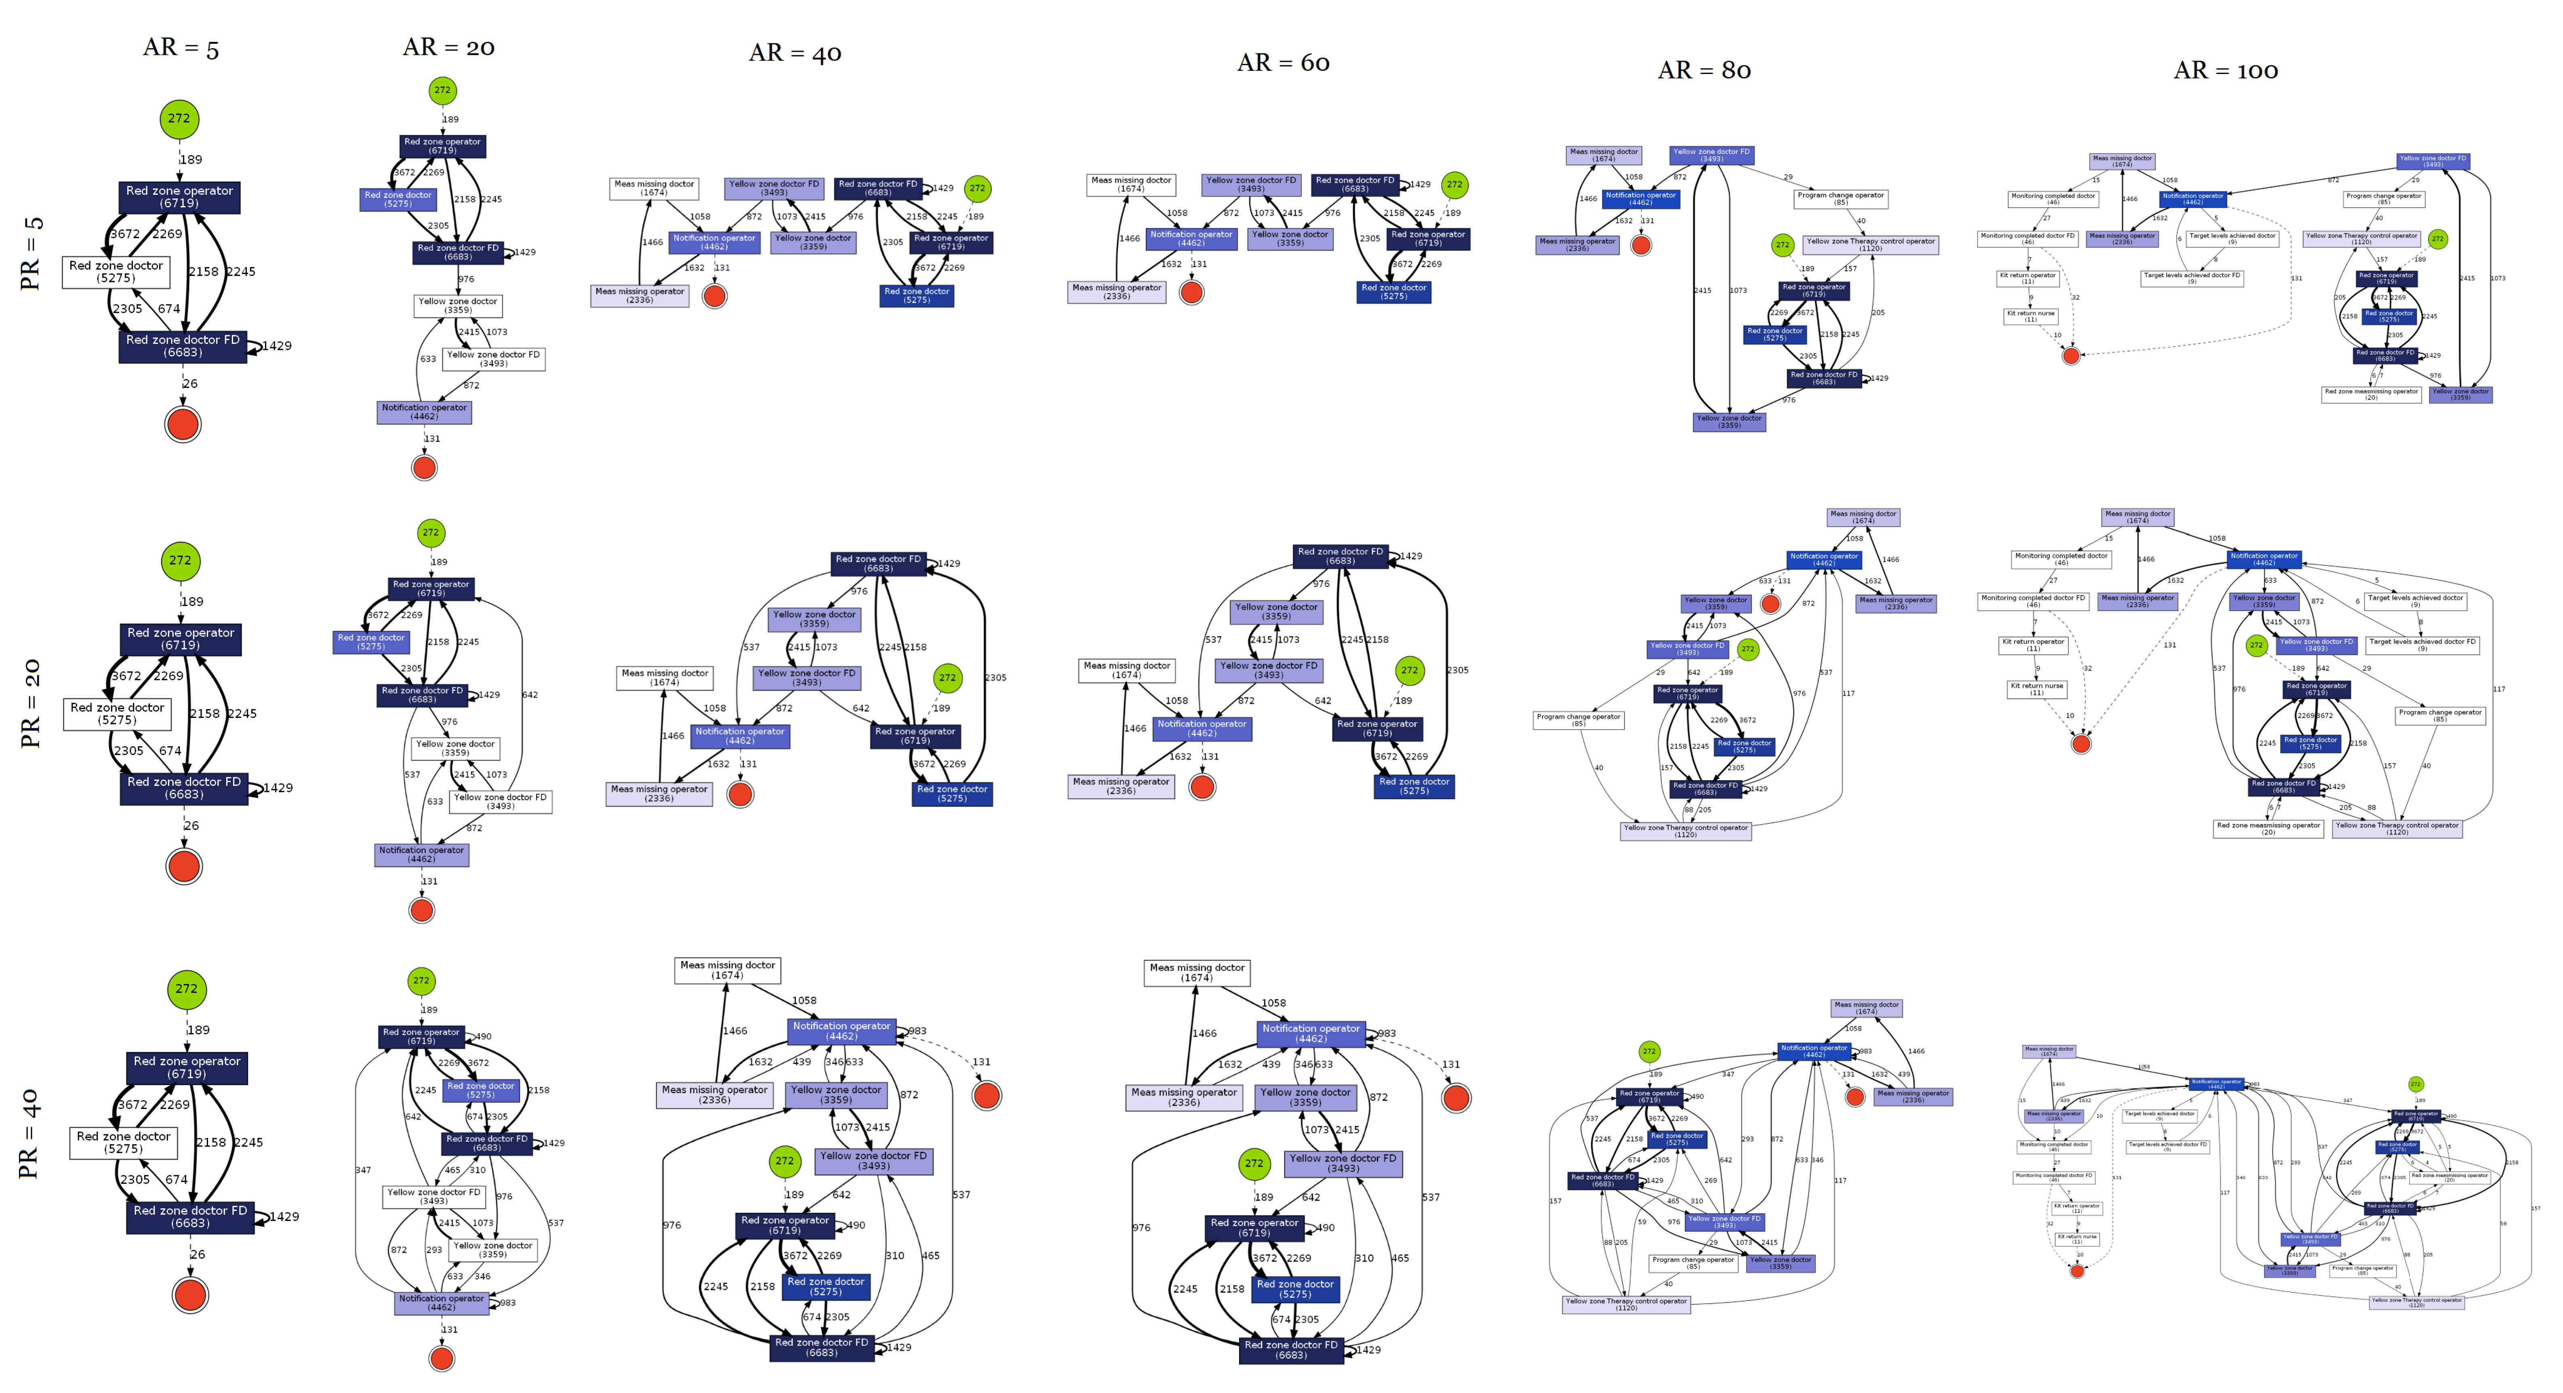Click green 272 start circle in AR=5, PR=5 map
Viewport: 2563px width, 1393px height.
[179, 118]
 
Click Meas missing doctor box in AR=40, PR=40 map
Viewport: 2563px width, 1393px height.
[727, 970]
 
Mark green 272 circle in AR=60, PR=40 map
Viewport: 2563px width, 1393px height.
[1254, 1163]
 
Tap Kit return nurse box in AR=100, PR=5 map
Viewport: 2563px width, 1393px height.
[2030, 316]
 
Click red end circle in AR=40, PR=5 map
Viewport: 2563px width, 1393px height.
[714, 295]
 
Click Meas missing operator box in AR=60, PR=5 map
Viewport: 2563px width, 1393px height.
[1116, 292]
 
